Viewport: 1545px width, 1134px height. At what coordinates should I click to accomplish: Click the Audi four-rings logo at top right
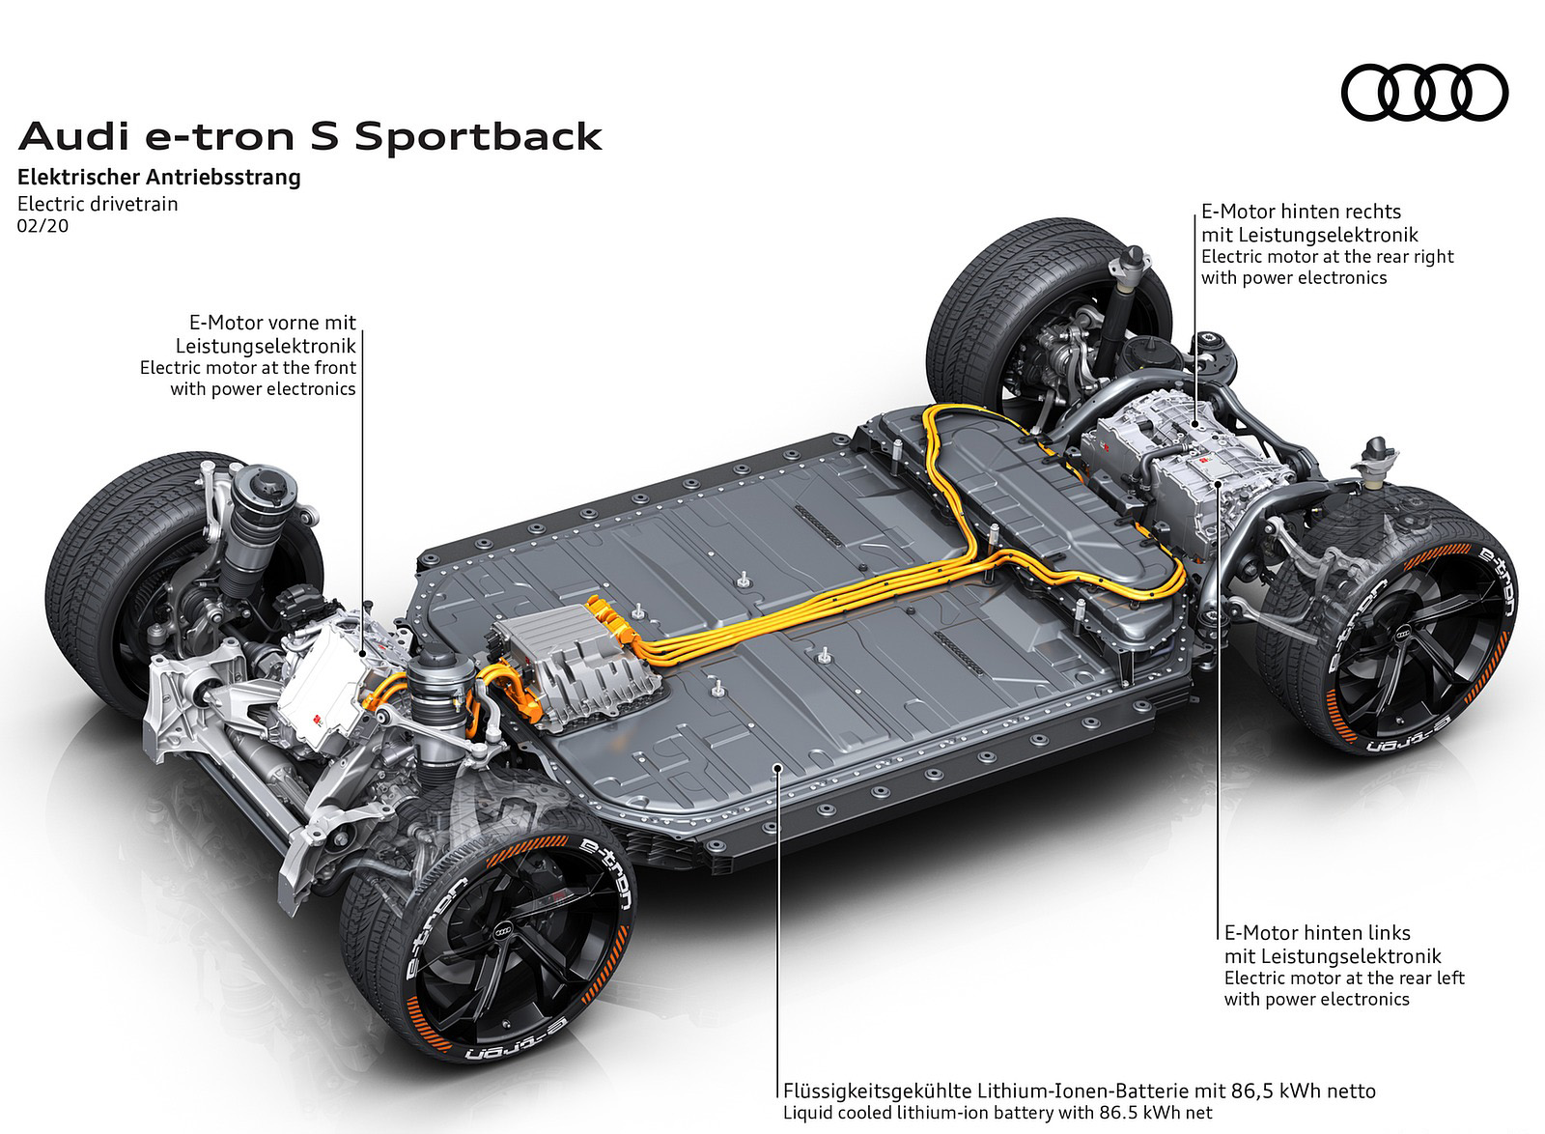[1424, 93]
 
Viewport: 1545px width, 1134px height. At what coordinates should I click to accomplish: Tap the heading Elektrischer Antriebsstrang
[159, 178]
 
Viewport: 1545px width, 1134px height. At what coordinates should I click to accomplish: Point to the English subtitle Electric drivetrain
[98, 204]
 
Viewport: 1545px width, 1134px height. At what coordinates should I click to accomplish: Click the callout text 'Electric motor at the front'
[248, 368]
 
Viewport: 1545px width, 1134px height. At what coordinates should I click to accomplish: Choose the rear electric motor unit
[1188, 464]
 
